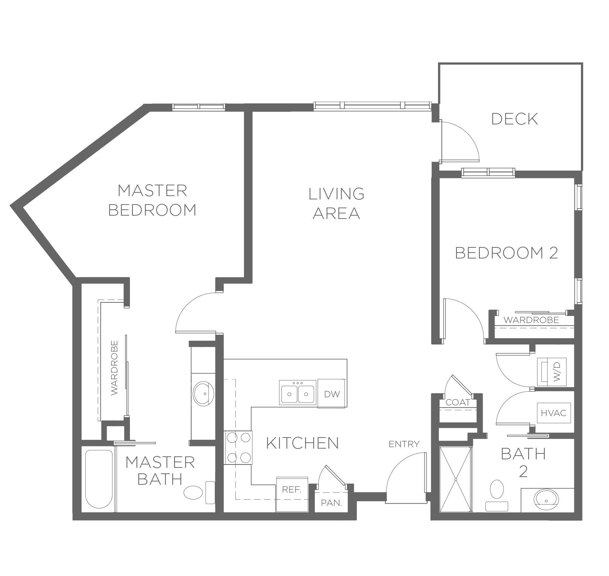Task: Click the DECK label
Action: [x=515, y=119]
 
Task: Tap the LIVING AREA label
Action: [x=336, y=203]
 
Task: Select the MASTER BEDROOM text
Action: [x=152, y=200]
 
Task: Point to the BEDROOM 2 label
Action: [x=506, y=253]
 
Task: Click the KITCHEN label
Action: [x=302, y=443]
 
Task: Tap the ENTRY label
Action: [x=404, y=444]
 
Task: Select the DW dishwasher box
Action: [x=331, y=394]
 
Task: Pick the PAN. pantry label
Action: [x=331, y=503]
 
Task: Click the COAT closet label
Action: [x=458, y=402]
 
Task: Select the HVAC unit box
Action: [x=553, y=413]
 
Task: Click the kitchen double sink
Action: [x=297, y=392]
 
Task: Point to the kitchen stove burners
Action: [x=238, y=448]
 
